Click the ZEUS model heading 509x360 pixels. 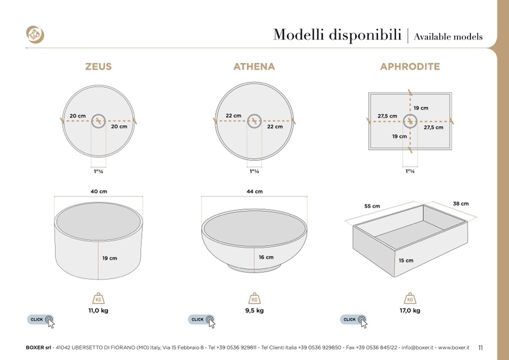[x=98, y=67]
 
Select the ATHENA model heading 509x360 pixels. [x=254, y=67]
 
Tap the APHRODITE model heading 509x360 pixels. [x=410, y=67]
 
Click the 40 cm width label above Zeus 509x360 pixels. [x=98, y=191]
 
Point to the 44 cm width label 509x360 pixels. [x=255, y=191]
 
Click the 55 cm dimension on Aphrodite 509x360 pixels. [x=372, y=206]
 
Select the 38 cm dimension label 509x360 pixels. [x=461, y=203]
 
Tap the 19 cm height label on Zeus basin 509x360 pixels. [x=110, y=258]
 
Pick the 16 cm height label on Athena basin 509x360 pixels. [x=266, y=257]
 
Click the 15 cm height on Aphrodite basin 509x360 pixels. [x=406, y=261]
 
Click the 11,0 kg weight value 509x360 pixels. [x=98, y=311]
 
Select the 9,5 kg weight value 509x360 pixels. [x=254, y=311]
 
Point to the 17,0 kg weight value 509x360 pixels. [x=410, y=311]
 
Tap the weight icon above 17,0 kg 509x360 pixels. [x=410, y=298]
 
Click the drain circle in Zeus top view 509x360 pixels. [x=98, y=121]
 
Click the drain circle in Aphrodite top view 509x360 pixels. [x=410, y=122]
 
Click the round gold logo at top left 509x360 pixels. [x=35, y=35]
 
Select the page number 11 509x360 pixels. [x=480, y=348]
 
